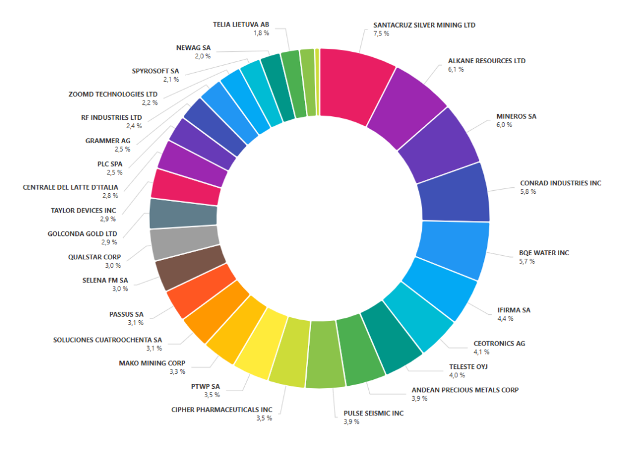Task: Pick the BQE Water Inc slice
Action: pyautogui.click(x=451, y=247)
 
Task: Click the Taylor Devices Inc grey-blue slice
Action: pyautogui.click(x=183, y=213)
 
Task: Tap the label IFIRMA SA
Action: pyautogui.click(x=513, y=310)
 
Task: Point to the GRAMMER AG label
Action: pyautogui.click(x=108, y=141)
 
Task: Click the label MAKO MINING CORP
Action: pyautogui.click(x=152, y=363)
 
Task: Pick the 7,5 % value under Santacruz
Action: pyautogui.click(x=381, y=34)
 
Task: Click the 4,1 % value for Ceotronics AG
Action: pyautogui.click(x=481, y=352)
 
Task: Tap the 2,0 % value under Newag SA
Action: pyautogui.click(x=202, y=56)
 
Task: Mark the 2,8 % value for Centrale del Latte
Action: pyautogui.click(x=110, y=196)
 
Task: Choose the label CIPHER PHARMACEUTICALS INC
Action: pyautogui.click(x=222, y=409)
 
